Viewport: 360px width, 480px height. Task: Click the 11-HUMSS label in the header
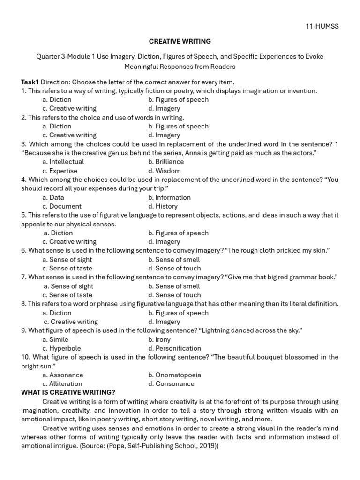[x=322, y=26]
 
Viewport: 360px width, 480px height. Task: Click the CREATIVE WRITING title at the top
[x=180, y=41]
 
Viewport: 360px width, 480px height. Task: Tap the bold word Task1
[x=30, y=82]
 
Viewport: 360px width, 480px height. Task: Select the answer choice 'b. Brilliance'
[x=166, y=162]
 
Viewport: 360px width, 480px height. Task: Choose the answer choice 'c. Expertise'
[x=60, y=171]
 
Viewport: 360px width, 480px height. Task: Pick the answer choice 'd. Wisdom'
[x=164, y=171]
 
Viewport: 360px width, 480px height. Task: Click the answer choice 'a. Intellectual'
[x=63, y=162]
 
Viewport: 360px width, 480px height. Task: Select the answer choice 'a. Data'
[x=53, y=197]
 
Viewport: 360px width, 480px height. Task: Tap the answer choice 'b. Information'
[x=169, y=197]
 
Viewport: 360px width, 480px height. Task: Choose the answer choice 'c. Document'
[x=61, y=206]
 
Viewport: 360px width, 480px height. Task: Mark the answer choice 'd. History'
[x=163, y=206]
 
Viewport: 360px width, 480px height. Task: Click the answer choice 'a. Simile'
[x=55, y=339]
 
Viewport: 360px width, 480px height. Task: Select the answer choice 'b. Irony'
[x=159, y=339]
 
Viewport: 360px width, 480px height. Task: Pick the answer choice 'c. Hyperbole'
[x=61, y=348]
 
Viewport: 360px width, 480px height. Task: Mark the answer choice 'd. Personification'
[x=174, y=348]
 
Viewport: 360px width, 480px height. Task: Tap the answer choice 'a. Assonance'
[x=62, y=375]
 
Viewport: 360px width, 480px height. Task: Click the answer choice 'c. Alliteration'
[x=62, y=384]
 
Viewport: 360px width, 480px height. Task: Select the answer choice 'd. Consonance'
[x=171, y=384]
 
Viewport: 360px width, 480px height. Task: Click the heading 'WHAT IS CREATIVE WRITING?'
[x=68, y=392]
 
